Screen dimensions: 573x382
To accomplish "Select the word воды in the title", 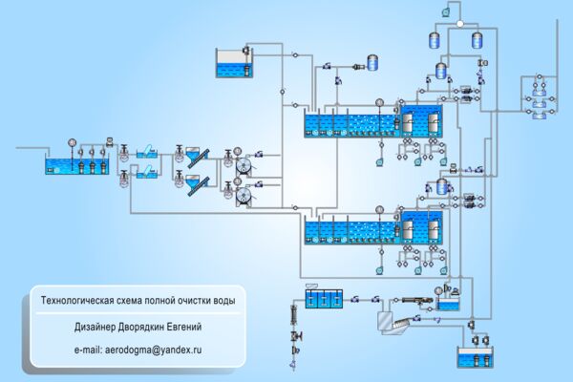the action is click(x=224, y=301).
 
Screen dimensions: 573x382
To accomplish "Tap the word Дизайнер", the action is click(x=95, y=327).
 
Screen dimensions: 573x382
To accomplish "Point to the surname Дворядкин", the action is click(x=140, y=327).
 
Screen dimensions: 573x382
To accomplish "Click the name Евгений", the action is click(x=184, y=327).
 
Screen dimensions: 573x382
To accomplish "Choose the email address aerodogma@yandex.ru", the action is click(x=153, y=350).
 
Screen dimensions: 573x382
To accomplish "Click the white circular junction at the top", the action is click(x=460, y=24).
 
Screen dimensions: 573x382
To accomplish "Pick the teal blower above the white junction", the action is click(x=445, y=12).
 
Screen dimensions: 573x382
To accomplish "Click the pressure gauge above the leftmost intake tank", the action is click(x=72, y=142).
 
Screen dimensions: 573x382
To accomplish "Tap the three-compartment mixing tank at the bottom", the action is click(x=324, y=299).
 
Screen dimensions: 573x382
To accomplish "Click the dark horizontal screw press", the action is click(x=417, y=301).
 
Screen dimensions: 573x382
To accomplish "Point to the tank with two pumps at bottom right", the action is click(x=475, y=357).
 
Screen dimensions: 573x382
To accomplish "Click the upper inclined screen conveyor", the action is click(x=198, y=158).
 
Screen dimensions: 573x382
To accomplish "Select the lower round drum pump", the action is click(x=244, y=197).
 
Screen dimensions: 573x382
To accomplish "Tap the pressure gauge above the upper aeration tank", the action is click(x=380, y=103).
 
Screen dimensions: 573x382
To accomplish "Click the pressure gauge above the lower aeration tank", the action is click(x=380, y=209).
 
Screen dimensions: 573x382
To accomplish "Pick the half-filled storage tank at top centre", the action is click(x=234, y=63).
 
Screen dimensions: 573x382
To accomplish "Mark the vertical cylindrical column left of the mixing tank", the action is click(x=293, y=314).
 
